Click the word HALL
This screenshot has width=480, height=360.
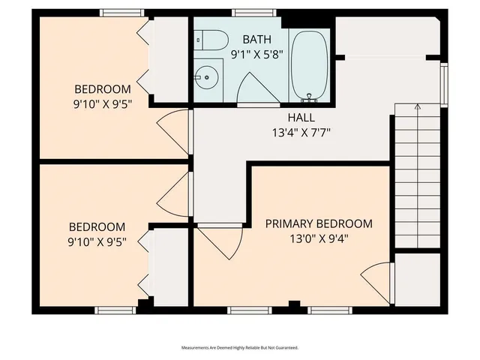[x=301, y=118]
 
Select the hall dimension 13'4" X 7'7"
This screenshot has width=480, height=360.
[x=301, y=133]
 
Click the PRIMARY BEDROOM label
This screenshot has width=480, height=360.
[x=319, y=223]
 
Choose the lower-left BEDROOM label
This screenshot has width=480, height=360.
[x=97, y=226]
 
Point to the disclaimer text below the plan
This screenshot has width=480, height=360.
[x=240, y=347]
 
